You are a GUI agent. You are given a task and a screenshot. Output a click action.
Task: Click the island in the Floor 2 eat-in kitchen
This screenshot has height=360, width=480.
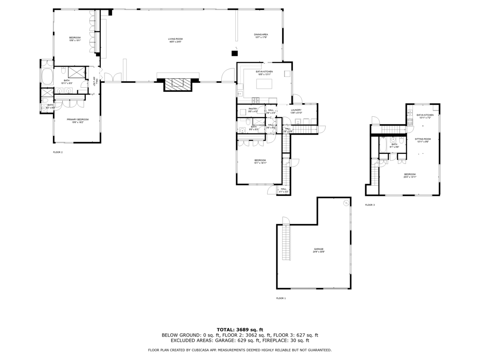click(x=264, y=83)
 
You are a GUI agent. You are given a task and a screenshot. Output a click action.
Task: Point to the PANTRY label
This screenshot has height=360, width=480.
click(x=253, y=110)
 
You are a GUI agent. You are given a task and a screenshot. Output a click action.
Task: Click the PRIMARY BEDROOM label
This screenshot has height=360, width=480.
click(x=77, y=120)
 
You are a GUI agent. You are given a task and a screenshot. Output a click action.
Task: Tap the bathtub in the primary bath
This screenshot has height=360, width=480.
click(x=47, y=76)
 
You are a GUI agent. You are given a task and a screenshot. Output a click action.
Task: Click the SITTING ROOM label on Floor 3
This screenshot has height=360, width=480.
click(x=422, y=140)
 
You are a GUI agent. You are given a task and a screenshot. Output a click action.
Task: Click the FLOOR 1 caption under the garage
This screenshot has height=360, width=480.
click(x=281, y=298)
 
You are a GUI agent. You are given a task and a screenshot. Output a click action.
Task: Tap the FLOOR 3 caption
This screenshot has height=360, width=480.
click(x=370, y=205)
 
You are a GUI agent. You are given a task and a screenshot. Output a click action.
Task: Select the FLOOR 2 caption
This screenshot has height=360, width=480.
click(x=58, y=152)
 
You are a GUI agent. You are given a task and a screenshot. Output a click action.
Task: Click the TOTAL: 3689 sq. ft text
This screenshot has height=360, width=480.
click(x=240, y=330)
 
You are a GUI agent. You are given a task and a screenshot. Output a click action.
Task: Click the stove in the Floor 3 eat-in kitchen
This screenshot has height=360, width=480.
click(x=410, y=121)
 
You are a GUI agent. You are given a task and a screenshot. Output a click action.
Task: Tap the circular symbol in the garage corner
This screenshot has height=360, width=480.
click(x=346, y=202)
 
